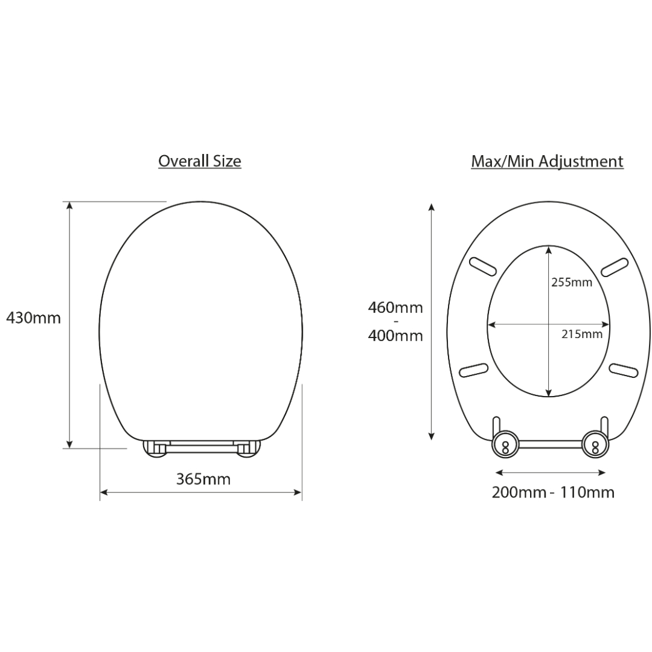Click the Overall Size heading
pos(200,161)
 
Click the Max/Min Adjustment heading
pos(547,162)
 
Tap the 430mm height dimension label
pos(33,318)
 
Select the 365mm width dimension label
pos(203,479)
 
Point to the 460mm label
pos(395,308)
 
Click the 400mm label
pos(395,336)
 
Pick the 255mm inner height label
pos(572,283)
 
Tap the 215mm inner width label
pos(582,334)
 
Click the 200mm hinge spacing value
pos(519,493)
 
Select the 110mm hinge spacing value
pos(587,493)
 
